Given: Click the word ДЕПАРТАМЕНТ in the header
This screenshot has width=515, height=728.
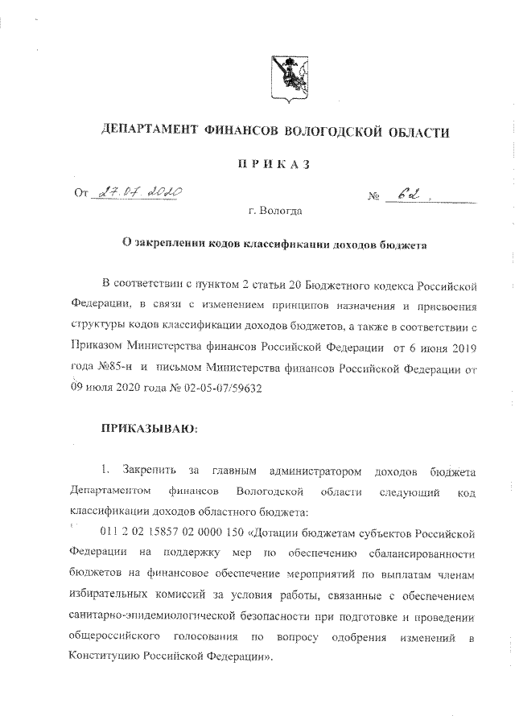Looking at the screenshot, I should click(152, 130).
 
